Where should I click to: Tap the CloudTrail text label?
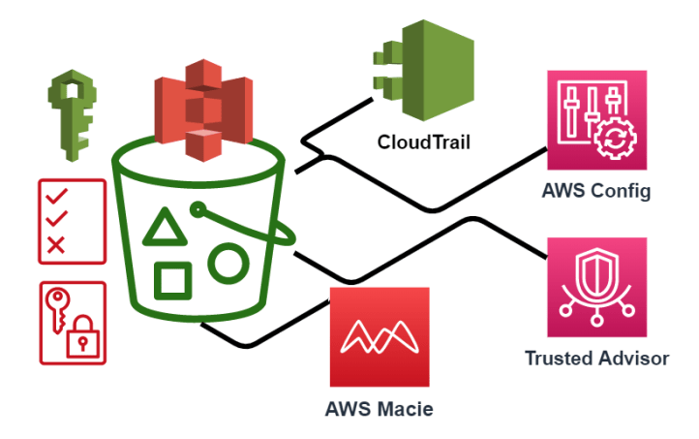click(x=423, y=143)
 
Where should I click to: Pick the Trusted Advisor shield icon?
click(x=596, y=287)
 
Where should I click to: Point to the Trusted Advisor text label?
click(x=596, y=359)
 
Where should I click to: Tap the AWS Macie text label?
click(x=378, y=408)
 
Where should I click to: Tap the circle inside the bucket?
click(x=228, y=261)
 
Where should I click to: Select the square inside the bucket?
click(x=172, y=281)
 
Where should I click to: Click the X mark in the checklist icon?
click(x=55, y=244)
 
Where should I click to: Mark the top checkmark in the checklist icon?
click(x=55, y=198)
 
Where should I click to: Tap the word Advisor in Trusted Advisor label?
click(x=634, y=359)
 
